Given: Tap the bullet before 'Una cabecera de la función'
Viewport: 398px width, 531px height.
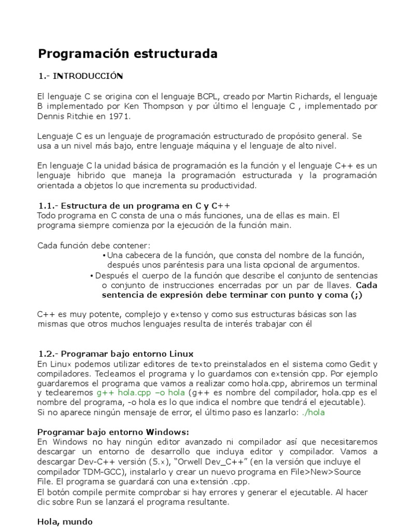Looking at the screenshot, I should [x=104, y=256].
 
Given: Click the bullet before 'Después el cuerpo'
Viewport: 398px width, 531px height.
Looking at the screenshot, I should [x=92, y=276].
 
